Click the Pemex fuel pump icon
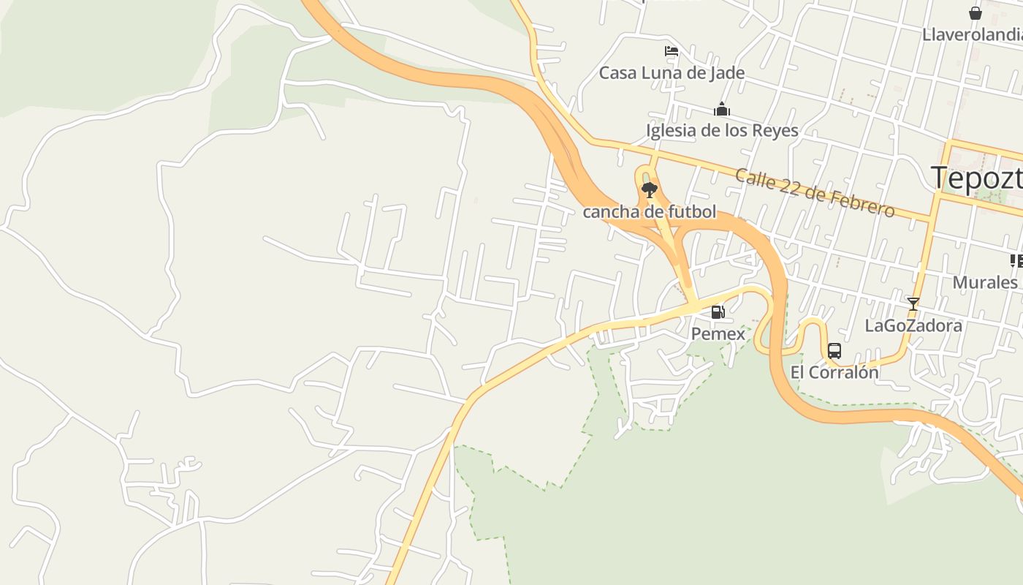pos(718,313)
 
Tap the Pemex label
pos(718,334)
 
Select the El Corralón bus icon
pos(834,351)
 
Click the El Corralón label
pos(834,372)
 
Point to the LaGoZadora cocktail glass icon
pos(913,303)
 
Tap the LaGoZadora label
pos(913,325)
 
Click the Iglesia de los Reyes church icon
pos(722,110)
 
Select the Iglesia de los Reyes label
pos(722,131)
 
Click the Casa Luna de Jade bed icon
pos(672,51)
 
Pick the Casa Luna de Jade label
pos(672,73)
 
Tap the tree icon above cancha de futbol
pos(649,191)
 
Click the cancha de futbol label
pos(649,213)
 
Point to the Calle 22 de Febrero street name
pos(814,193)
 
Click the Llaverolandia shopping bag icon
pos(975,13)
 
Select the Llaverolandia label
pos(972,34)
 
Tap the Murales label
pos(985,282)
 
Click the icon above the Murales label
pos(1016,260)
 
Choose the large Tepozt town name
pos(976,178)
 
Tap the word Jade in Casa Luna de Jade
pos(727,73)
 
